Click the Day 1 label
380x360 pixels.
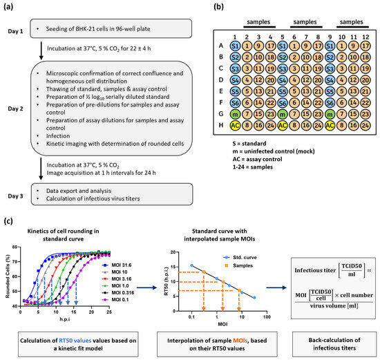point(17,28)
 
